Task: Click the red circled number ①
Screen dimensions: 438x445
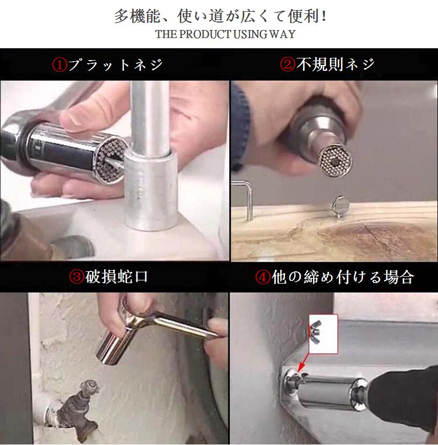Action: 60,64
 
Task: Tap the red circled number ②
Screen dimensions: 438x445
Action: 288,64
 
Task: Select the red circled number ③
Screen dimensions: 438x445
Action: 76,277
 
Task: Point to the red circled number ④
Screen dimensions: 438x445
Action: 262,277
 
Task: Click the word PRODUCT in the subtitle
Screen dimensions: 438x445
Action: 206,34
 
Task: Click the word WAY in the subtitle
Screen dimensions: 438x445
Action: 282,34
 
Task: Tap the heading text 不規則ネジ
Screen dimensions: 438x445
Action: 335,64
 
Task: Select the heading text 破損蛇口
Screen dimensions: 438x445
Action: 116,277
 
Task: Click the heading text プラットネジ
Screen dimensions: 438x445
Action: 115,64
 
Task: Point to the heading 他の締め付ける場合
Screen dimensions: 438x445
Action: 343,277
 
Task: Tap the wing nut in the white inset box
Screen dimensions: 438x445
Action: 316,329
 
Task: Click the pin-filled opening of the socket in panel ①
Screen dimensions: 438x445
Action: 110,159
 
